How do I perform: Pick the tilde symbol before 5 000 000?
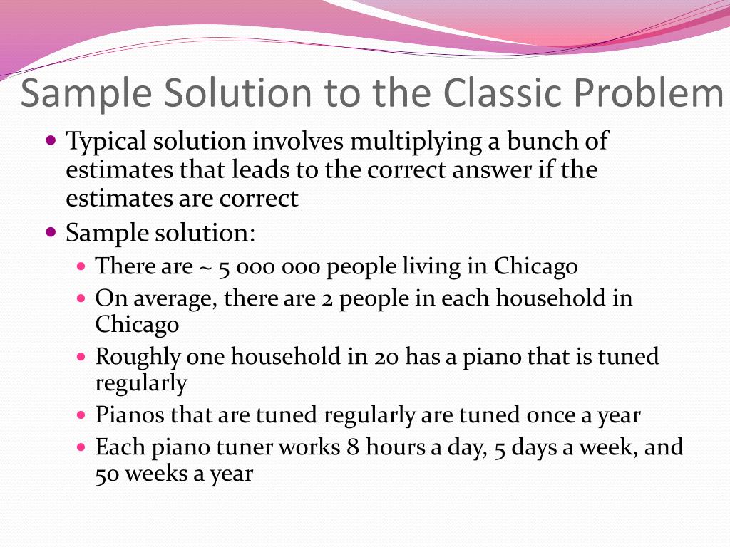[x=205, y=268]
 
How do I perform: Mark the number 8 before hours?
[x=353, y=447]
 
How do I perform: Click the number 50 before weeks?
[x=108, y=474]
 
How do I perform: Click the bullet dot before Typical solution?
[x=50, y=140]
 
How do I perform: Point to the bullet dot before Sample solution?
[x=50, y=232]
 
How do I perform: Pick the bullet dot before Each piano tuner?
[x=81, y=447]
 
